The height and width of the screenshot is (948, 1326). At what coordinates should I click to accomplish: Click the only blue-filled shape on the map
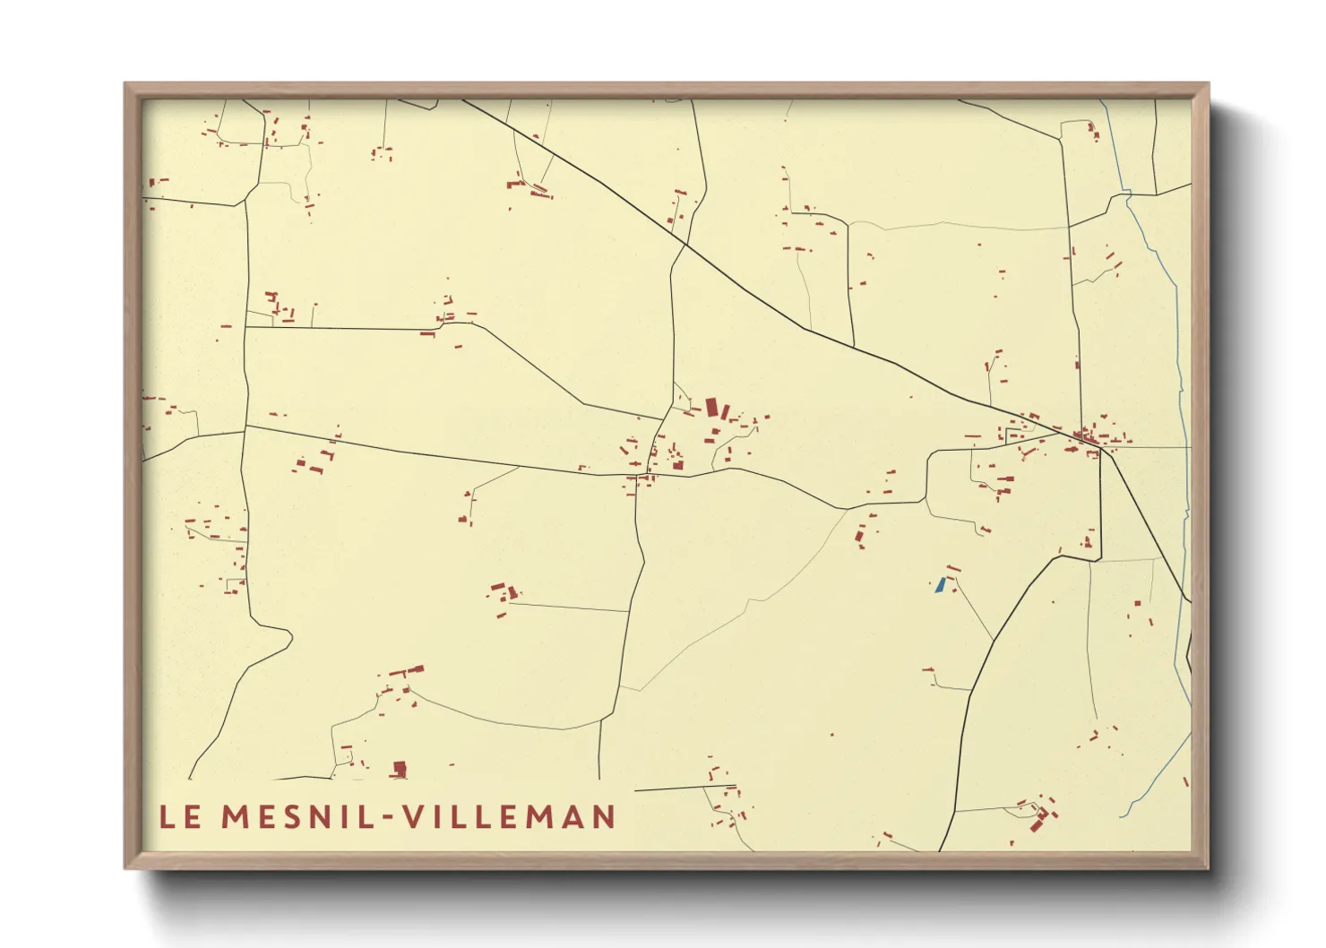click(939, 585)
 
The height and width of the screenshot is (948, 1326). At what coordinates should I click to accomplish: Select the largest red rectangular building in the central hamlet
click(712, 409)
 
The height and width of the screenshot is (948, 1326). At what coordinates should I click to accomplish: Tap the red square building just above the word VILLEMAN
click(400, 768)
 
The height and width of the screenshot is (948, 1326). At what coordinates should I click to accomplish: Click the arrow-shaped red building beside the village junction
click(1072, 449)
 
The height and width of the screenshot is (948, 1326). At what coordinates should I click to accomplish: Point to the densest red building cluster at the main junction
click(1086, 437)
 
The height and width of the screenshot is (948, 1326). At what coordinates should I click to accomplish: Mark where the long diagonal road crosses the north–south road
click(685, 244)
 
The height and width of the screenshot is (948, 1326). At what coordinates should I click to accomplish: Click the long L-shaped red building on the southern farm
click(403, 670)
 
